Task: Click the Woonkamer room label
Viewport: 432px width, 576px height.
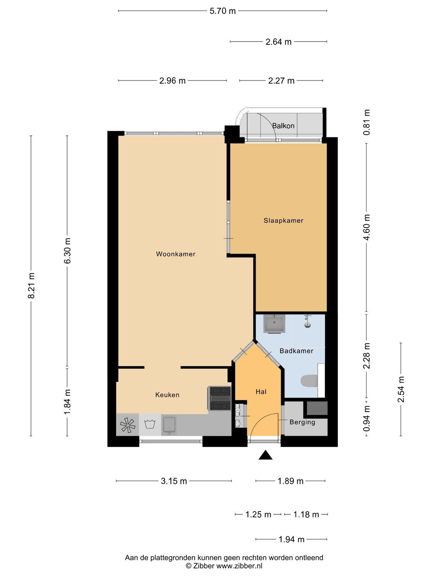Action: pyautogui.click(x=175, y=254)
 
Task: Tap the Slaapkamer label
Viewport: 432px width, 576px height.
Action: pyautogui.click(x=283, y=220)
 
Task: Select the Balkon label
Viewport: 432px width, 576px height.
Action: pyautogui.click(x=283, y=126)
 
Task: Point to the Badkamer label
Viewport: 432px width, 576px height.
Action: pyautogui.click(x=296, y=351)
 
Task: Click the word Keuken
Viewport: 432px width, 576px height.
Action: pyautogui.click(x=167, y=395)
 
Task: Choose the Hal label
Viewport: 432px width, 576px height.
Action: pyautogui.click(x=261, y=391)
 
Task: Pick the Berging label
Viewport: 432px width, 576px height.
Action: pyautogui.click(x=302, y=422)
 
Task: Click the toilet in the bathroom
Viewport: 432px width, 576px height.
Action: pyautogui.click(x=309, y=381)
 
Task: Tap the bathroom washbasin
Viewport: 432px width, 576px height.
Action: pyautogui.click(x=274, y=324)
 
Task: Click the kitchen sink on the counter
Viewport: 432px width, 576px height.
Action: pyautogui.click(x=169, y=425)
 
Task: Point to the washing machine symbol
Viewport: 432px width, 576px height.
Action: pyautogui.click(x=150, y=425)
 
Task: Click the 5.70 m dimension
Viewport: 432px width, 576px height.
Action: pyautogui.click(x=223, y=11)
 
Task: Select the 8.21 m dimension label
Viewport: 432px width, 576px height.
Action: pyautogui.click(x=31, y=286)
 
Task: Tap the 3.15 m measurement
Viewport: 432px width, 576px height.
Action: pyautogui.click(x=174, y=481)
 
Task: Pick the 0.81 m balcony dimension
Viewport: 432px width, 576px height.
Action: pyautogui.click(x=367, y=122)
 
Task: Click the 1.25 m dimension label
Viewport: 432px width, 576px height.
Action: pyautogui.click(x=258, y=514)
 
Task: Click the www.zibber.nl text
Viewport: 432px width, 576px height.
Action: pyautogui.click(x=239, y=566)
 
